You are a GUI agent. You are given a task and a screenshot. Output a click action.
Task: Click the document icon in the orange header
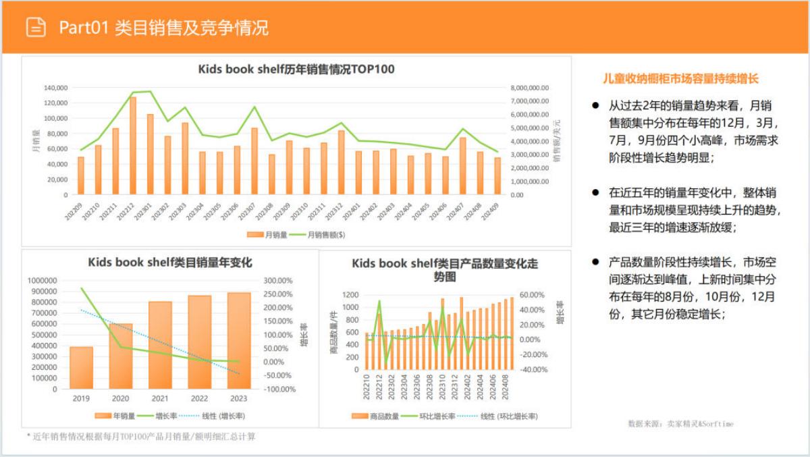click(x=36, y=27)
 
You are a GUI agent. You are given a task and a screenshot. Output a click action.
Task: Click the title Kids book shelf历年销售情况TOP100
click(x=296, y=69)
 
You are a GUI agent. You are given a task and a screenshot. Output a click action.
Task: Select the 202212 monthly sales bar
click(x=133, y=146)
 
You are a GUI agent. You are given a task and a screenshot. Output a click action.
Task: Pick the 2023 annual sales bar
click(x=239, y=341)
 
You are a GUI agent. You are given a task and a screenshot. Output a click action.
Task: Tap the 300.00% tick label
click(x=279, y=280)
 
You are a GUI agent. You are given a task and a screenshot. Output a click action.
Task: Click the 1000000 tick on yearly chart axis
click(x=42, y=280)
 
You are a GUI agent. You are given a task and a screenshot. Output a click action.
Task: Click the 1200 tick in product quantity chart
click(x=350, y=295)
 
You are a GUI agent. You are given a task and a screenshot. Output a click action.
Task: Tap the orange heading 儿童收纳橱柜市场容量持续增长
click(x=680, y=78)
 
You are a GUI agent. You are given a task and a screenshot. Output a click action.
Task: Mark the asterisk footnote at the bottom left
click(x=140, y=437)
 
